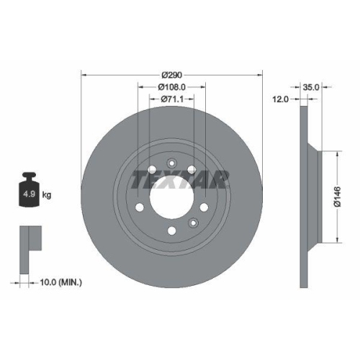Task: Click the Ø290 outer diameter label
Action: tap(172, 74)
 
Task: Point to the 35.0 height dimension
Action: tap(311, 86)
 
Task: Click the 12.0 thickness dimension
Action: tap(281, 99)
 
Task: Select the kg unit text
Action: tap(46, 195)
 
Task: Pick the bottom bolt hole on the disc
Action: tap(172, 230)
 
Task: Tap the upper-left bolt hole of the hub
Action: tap(153, 170)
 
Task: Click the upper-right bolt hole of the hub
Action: tap(192, 170)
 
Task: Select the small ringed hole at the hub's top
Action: tap(172, 163)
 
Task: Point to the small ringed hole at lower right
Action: tap(192, 222)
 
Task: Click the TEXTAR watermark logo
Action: tap(173, 180)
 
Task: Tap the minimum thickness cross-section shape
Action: tap(28, 238)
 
